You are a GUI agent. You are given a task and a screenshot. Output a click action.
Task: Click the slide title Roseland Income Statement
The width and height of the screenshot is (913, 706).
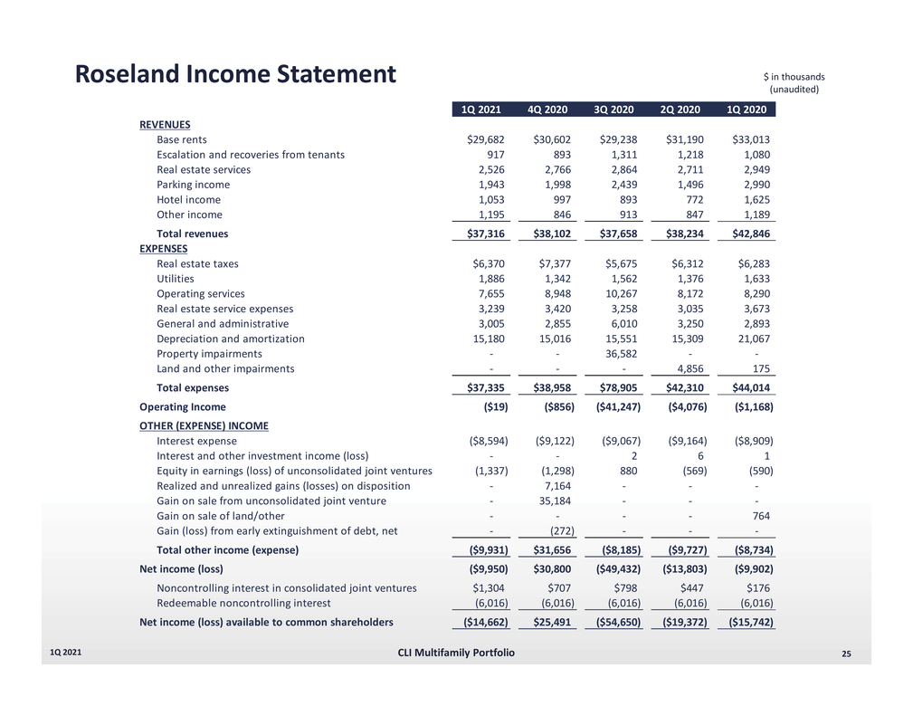(235, 74)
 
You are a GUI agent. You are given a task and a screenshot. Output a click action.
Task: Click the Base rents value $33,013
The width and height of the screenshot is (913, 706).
(750, 140)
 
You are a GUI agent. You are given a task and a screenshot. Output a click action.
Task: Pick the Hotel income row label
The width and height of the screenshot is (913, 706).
(188, 200)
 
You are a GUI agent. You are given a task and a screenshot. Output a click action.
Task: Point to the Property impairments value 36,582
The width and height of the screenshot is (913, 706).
(618, 354)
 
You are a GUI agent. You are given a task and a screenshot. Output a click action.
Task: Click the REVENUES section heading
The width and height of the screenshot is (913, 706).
(165, 125)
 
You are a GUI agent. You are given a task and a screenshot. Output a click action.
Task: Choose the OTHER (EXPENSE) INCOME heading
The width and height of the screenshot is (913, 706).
(204, 425)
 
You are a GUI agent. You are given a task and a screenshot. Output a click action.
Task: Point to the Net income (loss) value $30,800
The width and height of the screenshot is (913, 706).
(551, 569)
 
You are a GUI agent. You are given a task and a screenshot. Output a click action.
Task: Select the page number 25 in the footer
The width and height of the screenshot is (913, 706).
(847, 654)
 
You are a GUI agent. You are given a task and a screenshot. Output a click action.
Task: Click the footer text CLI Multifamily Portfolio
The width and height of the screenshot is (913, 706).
(456, 654)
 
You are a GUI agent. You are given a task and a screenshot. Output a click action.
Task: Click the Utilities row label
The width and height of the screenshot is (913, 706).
(175, 280)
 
